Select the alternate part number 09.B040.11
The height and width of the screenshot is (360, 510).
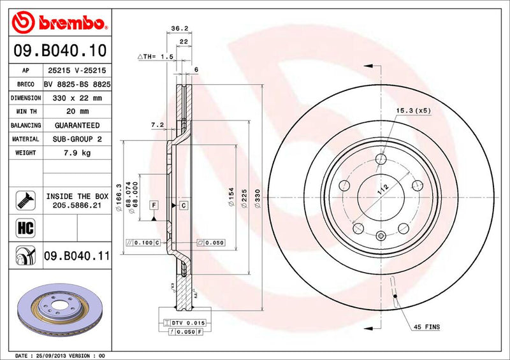(77, 256)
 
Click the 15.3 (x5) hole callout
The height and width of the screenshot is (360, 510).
(414, 110)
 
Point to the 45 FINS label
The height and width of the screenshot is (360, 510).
(426, 327)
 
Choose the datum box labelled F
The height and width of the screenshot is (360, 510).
(154, 205)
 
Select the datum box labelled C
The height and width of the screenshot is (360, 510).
(182, 205)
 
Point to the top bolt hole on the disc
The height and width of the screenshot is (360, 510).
(381, 159)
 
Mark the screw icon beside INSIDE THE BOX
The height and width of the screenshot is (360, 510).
(22, 201)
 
